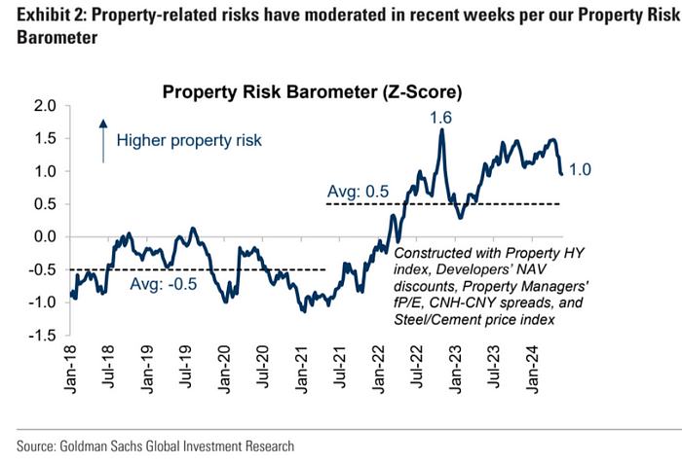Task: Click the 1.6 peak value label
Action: pyautogui.click(x=442, y=118)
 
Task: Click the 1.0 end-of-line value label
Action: pyautogui.click(x=582, y=170)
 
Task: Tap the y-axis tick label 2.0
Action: pyautogui.click(x=46, y=105)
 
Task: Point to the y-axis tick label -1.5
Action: pyautogui.click(x=43, y=335)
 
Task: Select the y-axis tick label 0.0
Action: pyautogui.click(x=46, y=236)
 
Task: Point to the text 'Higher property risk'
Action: pyautogui.click(x=189, y=140)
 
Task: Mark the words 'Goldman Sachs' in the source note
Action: pyautogui.click(x=114, y=445)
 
